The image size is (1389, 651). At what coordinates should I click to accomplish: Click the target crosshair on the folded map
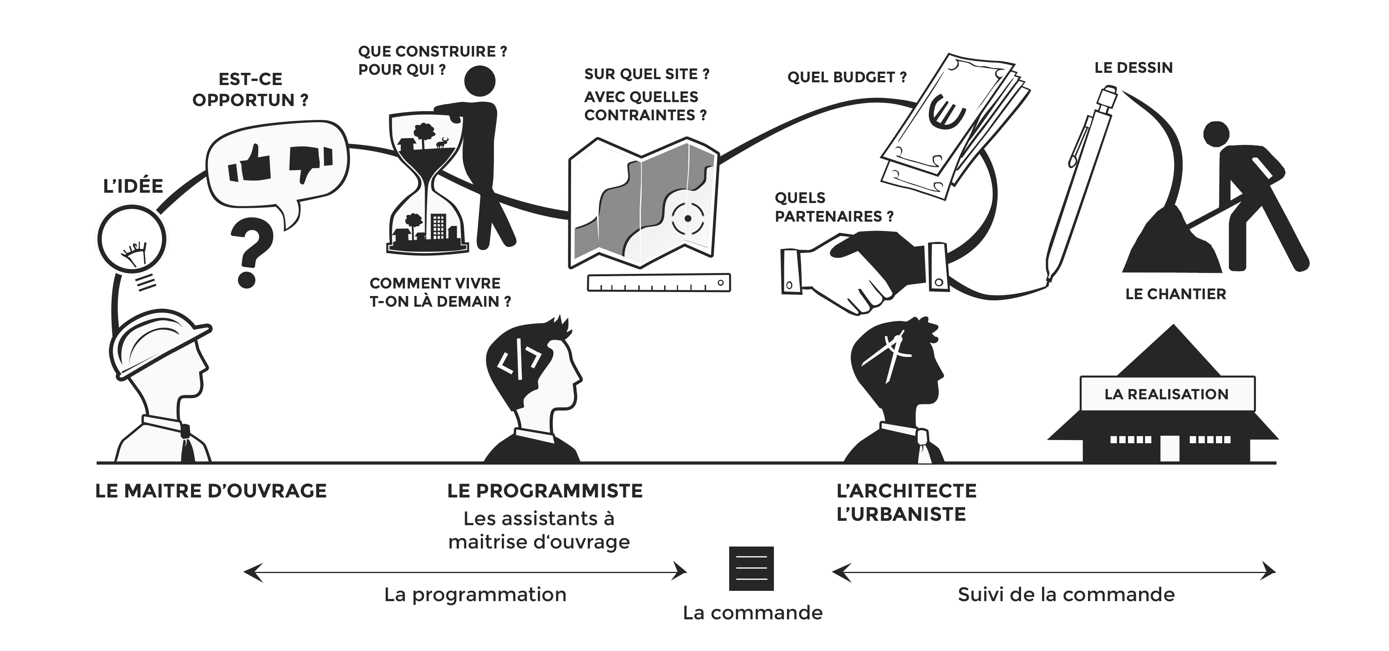[x=688, y=219]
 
